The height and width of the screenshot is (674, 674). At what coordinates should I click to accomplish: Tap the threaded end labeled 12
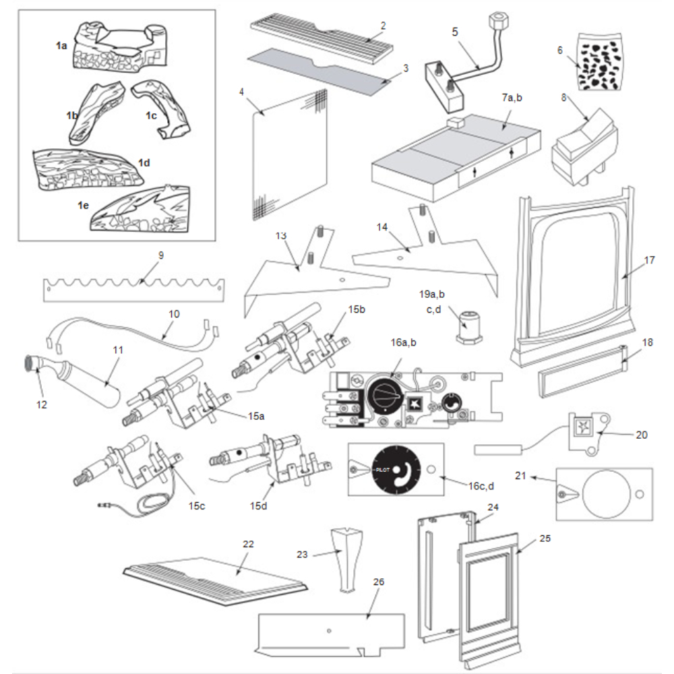pos(32,365)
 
